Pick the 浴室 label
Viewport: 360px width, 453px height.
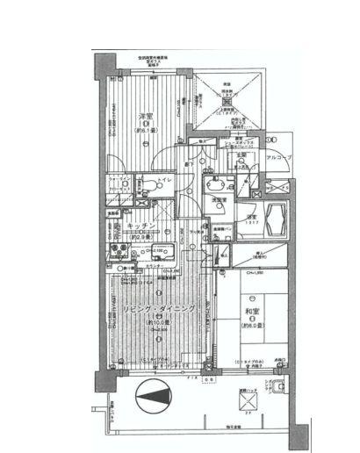tap(251, 217)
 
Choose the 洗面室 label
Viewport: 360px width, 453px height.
tap(220, 200)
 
